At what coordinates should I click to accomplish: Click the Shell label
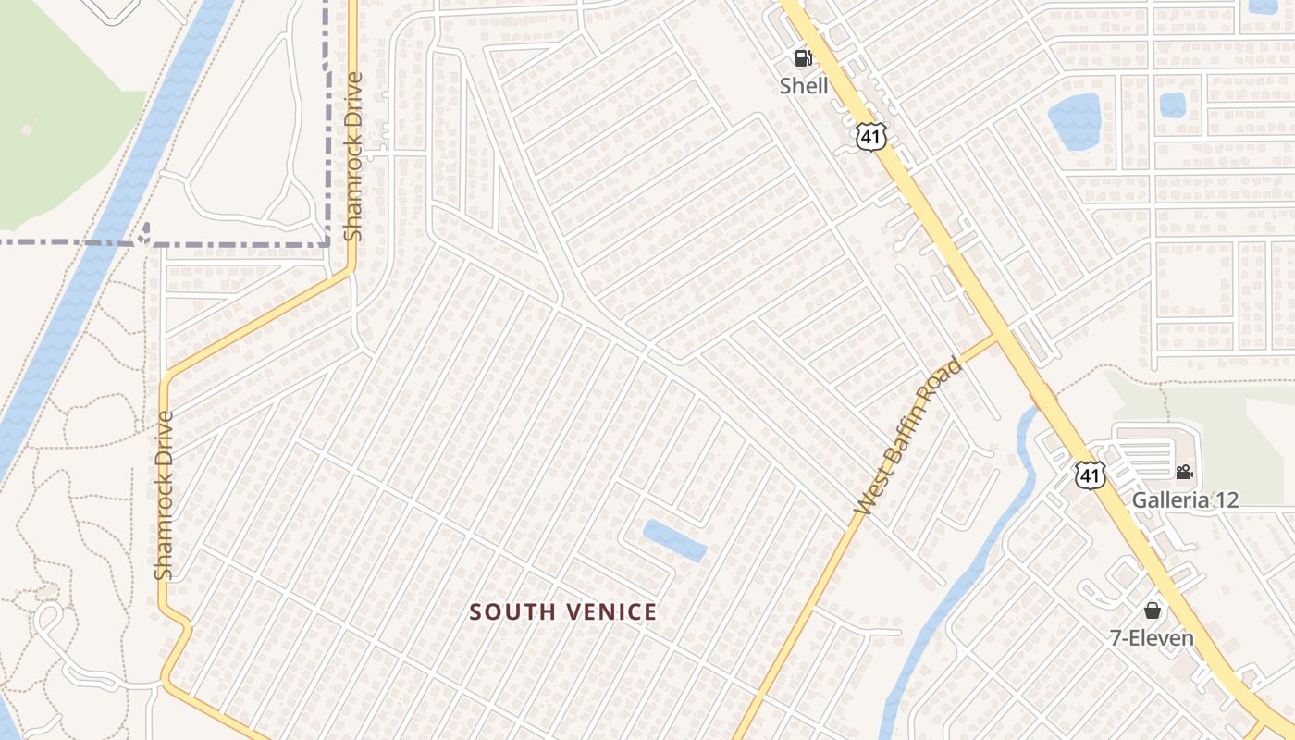coord(804,86)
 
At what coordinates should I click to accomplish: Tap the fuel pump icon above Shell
coord(803,59)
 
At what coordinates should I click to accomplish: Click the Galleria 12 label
coord(1185,499)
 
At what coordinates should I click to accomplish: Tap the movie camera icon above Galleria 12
coord(1184,473)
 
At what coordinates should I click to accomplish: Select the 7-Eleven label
coord(1152,637)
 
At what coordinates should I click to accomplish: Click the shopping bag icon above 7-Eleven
coord(1152,610)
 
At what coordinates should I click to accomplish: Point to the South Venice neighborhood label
coord(563,611)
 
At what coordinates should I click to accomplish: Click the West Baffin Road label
coord(908,437)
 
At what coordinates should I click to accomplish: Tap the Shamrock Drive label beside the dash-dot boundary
coord(352,156)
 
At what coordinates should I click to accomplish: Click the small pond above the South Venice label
coord(675,540)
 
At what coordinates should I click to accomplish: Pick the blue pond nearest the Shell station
coord(1074,121)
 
